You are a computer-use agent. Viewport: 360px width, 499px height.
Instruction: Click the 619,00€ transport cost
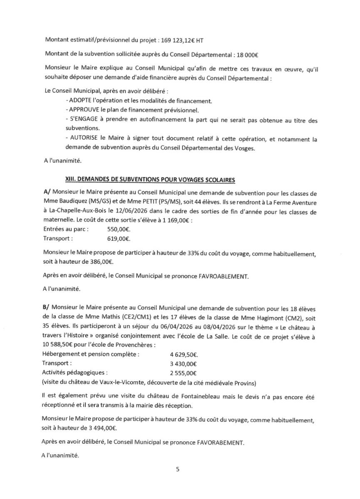pyautogui.click(x=119, y=239)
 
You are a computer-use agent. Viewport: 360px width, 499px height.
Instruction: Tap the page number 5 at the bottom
pyautogui.click(x=178, y=470)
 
